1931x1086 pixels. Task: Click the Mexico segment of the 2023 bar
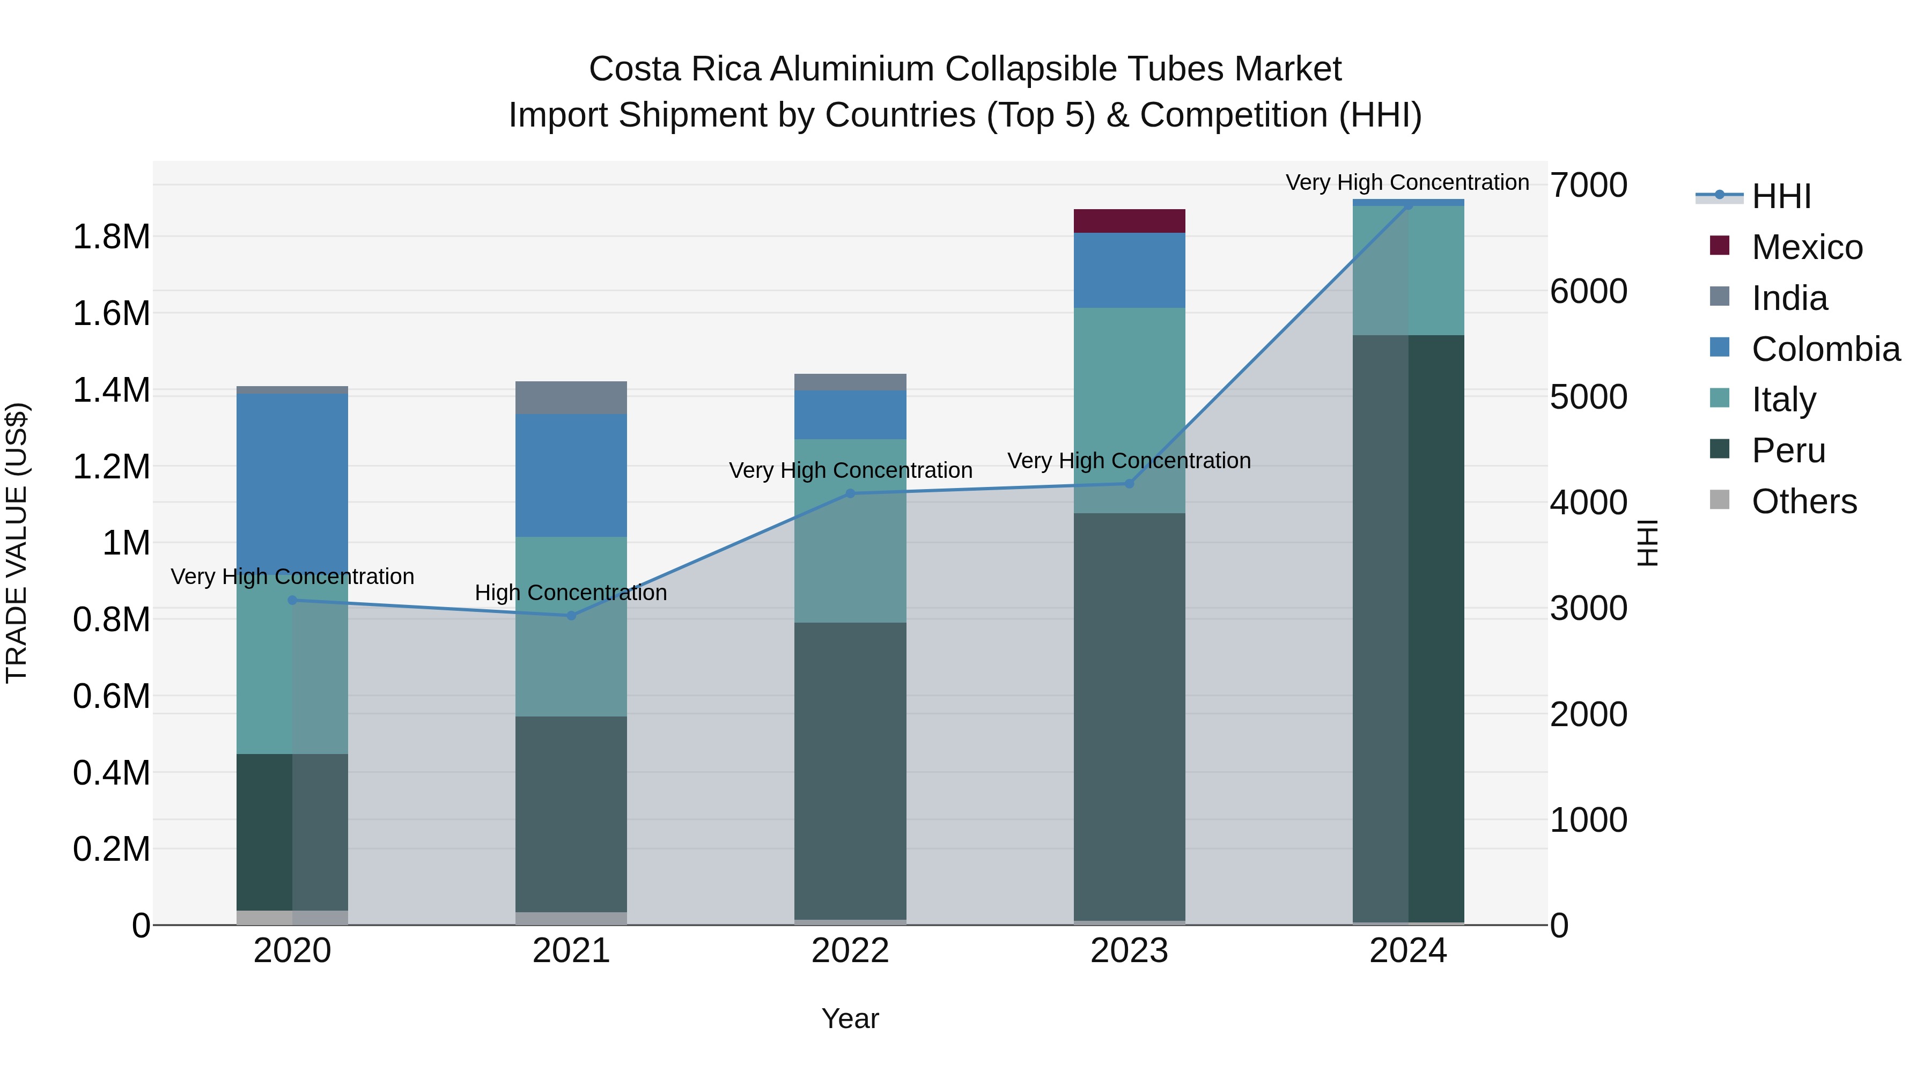[1129, 221]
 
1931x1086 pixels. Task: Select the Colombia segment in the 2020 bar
[292, 479]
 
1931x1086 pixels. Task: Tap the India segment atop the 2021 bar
[571, 397]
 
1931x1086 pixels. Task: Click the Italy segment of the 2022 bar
[850, 530]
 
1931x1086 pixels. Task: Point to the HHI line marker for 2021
[571, 615]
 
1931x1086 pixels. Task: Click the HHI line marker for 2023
[1129, 483]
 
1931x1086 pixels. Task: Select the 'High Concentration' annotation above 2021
[571, 593]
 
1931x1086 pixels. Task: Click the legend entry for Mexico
[1807, 247]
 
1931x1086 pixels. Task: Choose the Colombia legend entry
[1825, 349]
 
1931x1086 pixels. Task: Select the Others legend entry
[1803, 501]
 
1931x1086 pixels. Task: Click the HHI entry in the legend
[1780, 196]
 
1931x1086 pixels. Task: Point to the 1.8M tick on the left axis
[111, 237]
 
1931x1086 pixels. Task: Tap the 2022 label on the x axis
[850, 951]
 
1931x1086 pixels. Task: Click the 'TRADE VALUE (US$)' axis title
[17, 543]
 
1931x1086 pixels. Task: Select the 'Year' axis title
[850, 1018]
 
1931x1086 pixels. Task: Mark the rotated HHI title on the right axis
[1647, 543]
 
